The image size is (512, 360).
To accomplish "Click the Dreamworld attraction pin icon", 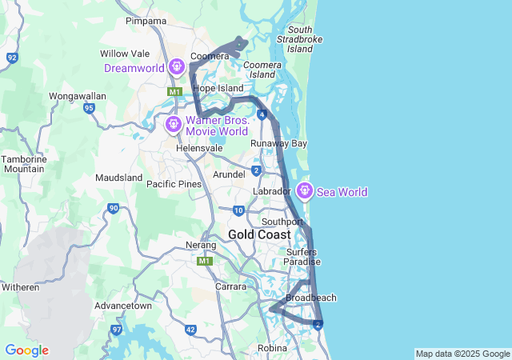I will (178, 66).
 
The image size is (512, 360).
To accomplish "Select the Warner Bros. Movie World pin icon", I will (174, 124).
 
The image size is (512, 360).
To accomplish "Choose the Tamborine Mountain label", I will (23, 164).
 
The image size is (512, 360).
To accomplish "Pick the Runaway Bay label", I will (278, 144).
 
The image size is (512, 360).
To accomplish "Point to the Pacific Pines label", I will (174, 184).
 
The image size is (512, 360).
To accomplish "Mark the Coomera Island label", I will (263, 69).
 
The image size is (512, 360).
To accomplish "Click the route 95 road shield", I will (89, 107).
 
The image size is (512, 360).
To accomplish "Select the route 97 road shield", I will (118, 330).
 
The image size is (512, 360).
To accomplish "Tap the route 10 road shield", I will (238, 210).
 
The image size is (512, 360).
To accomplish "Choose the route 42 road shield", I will (190, 330).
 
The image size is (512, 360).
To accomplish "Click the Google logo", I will (26, 350).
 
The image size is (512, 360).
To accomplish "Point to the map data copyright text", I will (462, 354).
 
